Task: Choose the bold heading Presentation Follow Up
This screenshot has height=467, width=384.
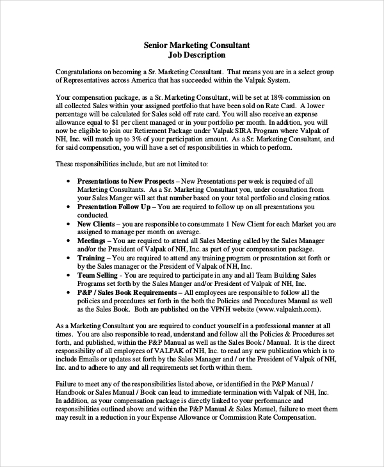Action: point(114,207)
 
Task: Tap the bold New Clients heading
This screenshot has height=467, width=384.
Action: point(96,225)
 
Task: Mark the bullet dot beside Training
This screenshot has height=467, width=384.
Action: point(68,258)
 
